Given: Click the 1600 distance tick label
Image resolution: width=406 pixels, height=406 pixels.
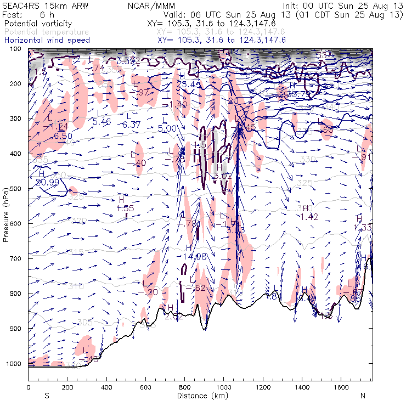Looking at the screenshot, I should tap(340, 387).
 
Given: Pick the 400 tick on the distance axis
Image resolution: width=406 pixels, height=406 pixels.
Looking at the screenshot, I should tap(106, 381).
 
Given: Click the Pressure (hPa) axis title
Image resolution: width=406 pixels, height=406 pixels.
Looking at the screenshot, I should tap(6, 215).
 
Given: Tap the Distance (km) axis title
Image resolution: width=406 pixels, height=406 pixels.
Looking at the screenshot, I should tap(200, 396).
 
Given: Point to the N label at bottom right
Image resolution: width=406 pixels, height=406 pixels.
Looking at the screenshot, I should tap(363, 396).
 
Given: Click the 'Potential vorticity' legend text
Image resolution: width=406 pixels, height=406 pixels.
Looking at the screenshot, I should tap(36, 25).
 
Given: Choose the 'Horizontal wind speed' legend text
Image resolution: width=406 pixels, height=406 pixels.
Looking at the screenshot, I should tap(46, 40).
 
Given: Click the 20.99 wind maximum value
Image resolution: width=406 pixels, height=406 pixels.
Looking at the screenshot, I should tap(48, 182).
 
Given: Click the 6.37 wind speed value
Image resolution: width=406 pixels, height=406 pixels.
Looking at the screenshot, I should tap(132, 125).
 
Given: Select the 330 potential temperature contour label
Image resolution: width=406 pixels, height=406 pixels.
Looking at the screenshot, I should tap(308, 159).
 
